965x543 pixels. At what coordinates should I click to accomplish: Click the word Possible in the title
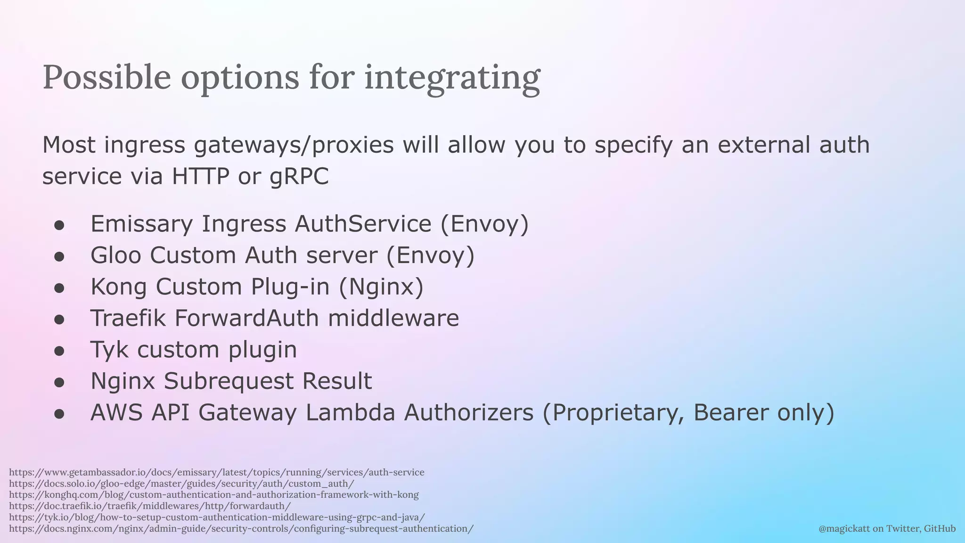click(106, 78)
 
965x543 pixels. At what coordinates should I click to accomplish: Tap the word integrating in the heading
click(452, 78)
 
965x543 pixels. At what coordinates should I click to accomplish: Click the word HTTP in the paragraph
click(200, 176)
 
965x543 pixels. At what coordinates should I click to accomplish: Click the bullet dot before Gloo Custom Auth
click(59, 256)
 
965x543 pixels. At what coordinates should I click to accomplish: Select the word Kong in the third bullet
click(119, 287)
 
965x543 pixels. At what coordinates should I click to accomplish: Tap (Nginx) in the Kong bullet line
click(381, 287)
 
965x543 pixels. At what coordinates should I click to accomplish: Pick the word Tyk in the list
click(109, 350)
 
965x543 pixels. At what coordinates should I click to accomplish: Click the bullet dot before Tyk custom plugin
click(59, 351)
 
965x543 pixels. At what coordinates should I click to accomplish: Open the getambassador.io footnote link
click(217, 472)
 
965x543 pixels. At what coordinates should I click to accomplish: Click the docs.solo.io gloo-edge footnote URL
click(181, 484)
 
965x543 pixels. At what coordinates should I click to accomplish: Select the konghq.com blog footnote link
click(214, 495)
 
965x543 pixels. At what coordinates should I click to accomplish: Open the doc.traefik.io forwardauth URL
click(150, 506)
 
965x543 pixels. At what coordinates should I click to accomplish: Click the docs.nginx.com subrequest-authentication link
click(241, 529)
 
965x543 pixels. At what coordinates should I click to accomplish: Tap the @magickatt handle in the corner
click(844, 529)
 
